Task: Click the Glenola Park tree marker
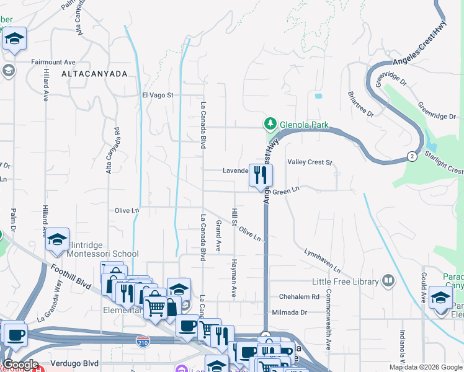(x=270, y=124)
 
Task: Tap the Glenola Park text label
(x=304, y=125)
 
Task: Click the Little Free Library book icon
(x=388, y=281)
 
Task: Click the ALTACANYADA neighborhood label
(x=94, y=73)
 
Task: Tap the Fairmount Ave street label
(x=53, y=62)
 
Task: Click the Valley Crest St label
(x=310, y=162)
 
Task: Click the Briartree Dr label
(x=360, y=105)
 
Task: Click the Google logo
(x=20, y=364)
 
